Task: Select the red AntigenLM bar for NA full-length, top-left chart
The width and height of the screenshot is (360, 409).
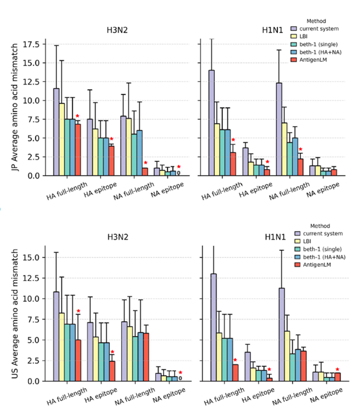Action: coord(145,171)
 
